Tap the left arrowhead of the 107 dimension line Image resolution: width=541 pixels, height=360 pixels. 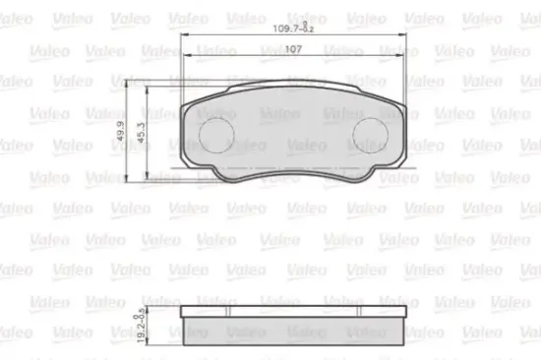[189, 60]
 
